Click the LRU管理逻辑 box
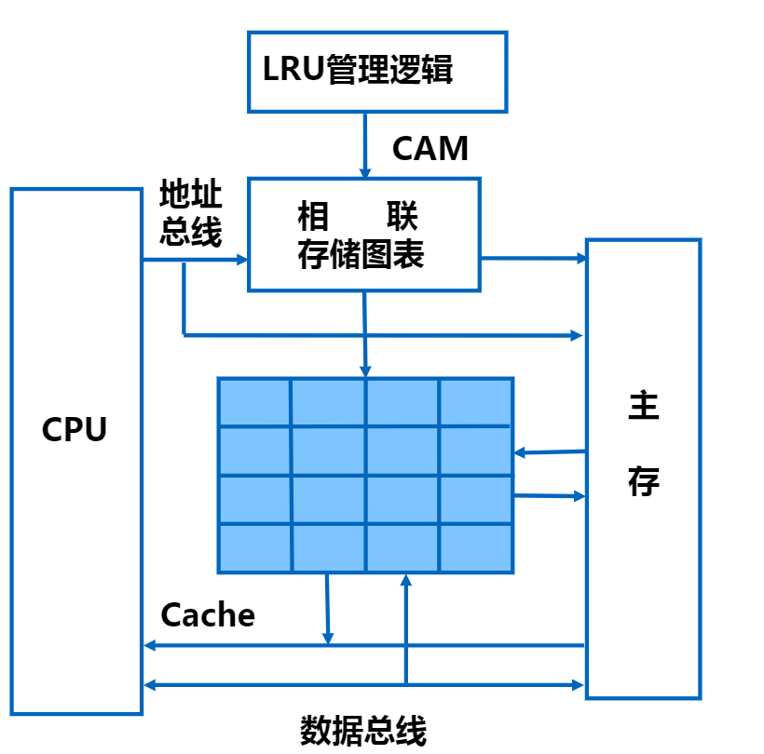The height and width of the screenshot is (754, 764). (x=377, y=72)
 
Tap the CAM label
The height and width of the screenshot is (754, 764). (x=430, y=148)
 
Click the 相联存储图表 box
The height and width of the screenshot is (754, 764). (x=363, y=235)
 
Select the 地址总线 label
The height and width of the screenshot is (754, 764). (x=191, y=214)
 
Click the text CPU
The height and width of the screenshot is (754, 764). (x=75, y=430)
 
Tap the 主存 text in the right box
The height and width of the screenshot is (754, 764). (x=643, y=445)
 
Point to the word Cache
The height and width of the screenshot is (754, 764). (x=208, y=614)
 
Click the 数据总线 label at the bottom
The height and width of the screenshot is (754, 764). (x=363, y=729)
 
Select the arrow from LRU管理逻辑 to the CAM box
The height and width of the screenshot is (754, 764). (x=365, y=144)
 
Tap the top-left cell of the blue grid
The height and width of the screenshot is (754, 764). (x=254, y=402)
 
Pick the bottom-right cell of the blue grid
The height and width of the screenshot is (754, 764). (x=476, y=548)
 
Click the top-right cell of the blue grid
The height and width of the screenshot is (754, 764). (x=476, y=402)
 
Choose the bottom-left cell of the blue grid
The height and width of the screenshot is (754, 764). (x=254, y=548)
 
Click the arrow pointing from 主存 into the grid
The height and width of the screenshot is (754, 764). (x=549, y=452)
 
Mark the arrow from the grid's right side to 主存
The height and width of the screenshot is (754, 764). (x=549, y=496)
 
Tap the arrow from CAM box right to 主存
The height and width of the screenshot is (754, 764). (x=533, y=258)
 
